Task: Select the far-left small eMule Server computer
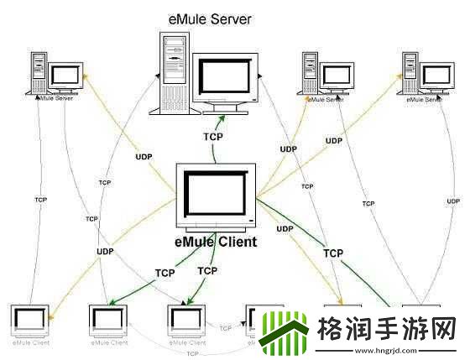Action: coord(55,74)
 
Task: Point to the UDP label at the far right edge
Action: coord(453,201)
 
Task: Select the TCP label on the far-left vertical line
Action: coord(40,200)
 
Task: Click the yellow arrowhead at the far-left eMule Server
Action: coord(84,78)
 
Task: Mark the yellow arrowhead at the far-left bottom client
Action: coord(51,317)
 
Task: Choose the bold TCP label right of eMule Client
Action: coord(333,252)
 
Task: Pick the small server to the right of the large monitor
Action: coord(324,74)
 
